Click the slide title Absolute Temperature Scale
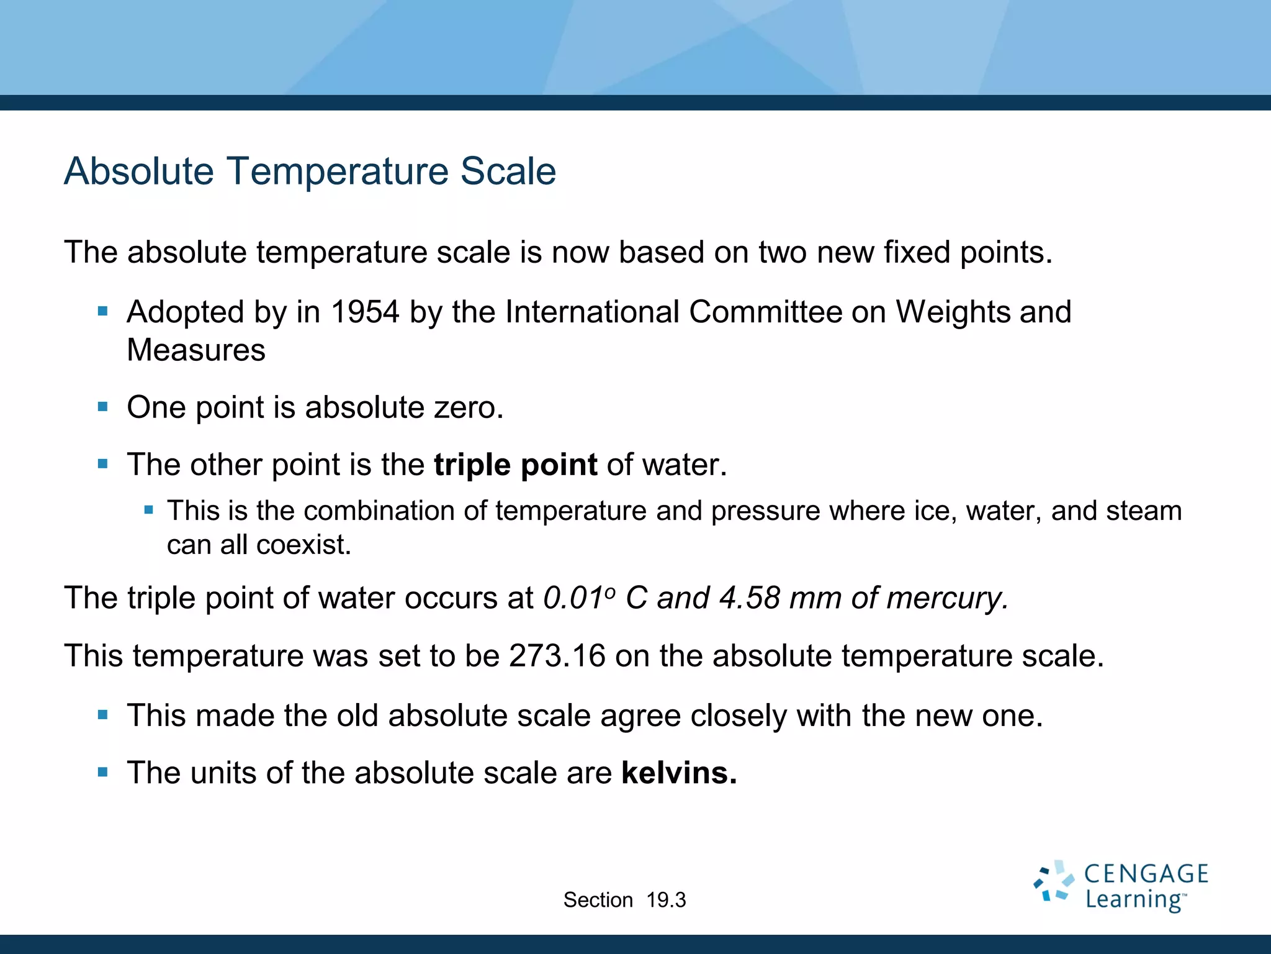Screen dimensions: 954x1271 pos(310,171)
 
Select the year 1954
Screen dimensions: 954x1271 pos(365,312)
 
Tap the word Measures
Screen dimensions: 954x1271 pos(196,350)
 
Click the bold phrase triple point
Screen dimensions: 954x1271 pos(515,465)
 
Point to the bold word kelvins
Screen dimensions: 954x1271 pos(679,773)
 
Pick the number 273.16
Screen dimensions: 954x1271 pos(557,656)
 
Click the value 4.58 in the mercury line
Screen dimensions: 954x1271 pos(749,598)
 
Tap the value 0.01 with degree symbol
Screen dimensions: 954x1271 pos(578,598)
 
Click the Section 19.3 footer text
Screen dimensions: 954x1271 pos(624,900)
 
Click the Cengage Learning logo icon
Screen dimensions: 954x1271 pos(1053,881)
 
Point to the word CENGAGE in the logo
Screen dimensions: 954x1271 pos(1146,874)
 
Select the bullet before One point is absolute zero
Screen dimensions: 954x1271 pos(103,407)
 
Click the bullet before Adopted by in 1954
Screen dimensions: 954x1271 pos(103,311)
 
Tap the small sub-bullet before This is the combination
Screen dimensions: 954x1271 pos(148,511)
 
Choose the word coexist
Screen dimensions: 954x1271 pos(303,545)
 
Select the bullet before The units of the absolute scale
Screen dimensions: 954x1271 pos(103,773)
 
